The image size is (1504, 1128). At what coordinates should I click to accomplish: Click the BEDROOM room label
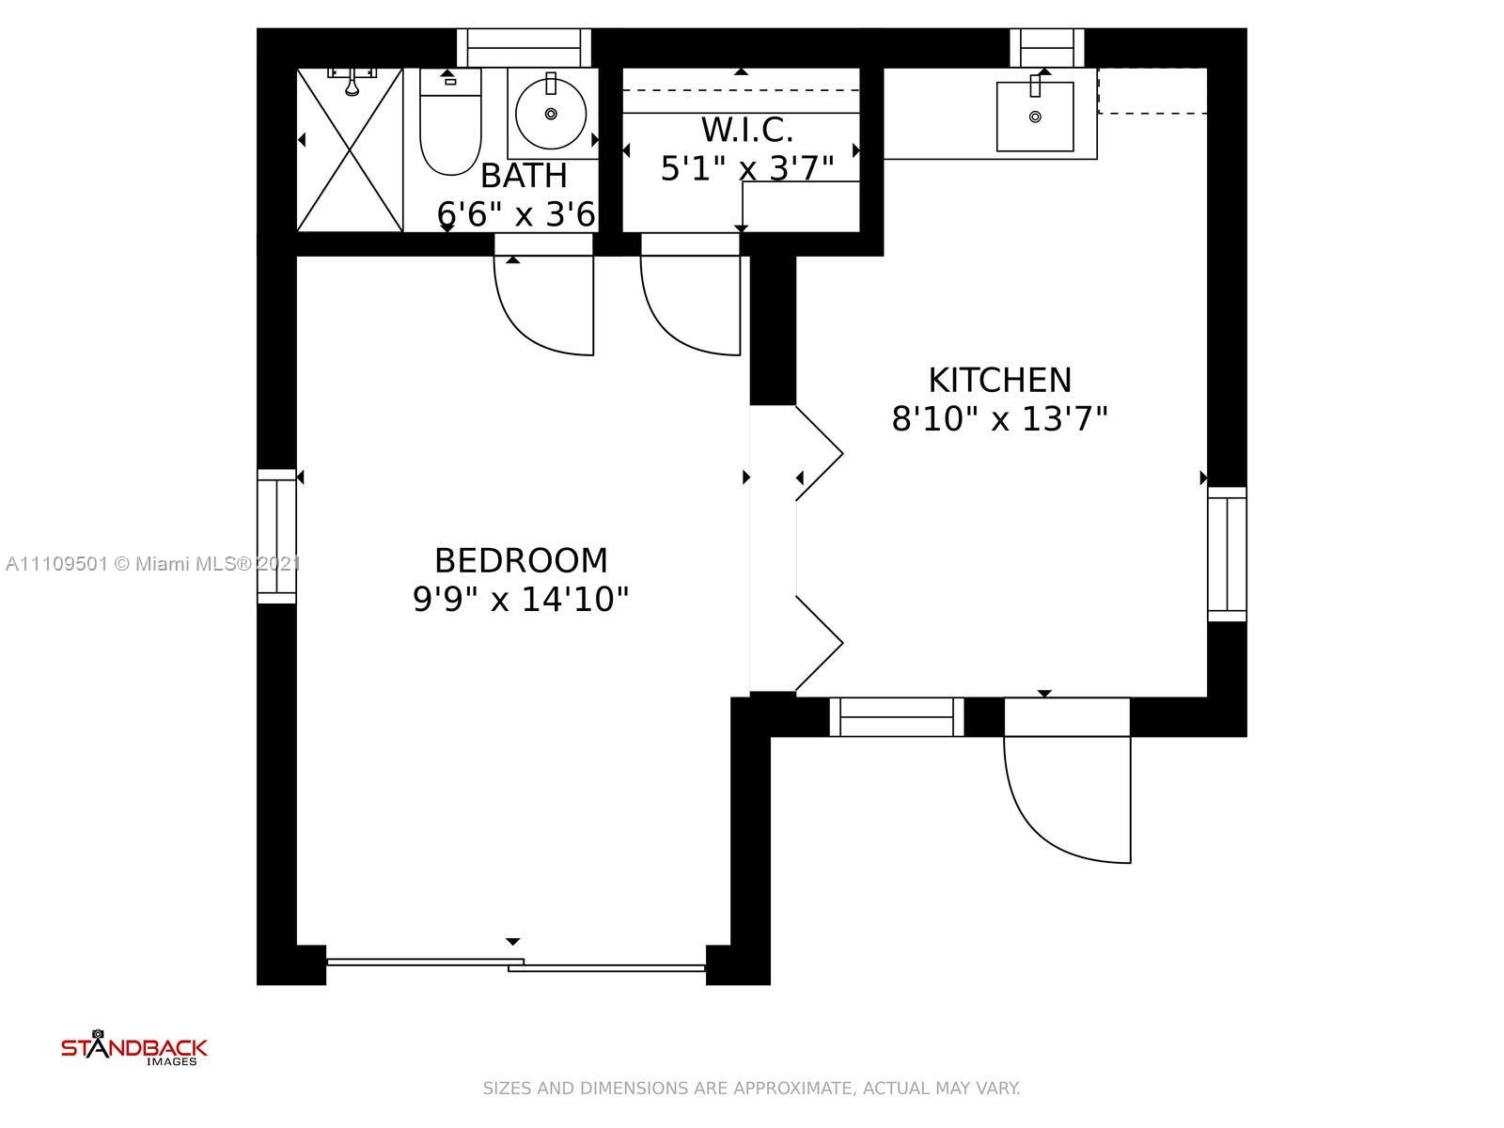coord(521,560)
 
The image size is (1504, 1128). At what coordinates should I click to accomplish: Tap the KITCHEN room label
coord(1000,380)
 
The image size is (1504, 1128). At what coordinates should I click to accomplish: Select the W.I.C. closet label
coord(747,130)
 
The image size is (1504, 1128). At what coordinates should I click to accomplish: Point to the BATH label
coord(524,176)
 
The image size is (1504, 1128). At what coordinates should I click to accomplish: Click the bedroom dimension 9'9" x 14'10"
coord(521,600)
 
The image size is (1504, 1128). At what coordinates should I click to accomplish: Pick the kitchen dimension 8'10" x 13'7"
coord(1000,418)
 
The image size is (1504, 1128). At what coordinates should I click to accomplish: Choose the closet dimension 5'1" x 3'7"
coord(747,168)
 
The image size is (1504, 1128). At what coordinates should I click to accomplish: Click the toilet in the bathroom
coord(450,122)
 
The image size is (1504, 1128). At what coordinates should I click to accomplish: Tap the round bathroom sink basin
coord(551,114)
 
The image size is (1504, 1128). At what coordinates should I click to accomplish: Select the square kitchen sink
coord(1035,117)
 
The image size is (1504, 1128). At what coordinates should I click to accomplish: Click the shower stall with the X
coord(350,149)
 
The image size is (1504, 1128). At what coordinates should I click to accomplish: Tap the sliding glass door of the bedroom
coord(516,965)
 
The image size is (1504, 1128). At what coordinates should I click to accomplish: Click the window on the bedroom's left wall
coord(276,536)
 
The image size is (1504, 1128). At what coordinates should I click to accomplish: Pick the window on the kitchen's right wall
coord(1227,554)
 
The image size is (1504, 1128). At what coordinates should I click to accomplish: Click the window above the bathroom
coord(525,48)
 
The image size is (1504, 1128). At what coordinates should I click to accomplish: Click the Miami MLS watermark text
coord(153,564)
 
